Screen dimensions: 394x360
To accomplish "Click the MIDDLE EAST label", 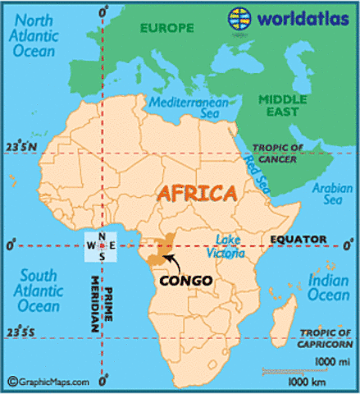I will click(x=281, y=105).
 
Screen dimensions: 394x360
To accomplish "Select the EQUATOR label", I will click(x=294, y=239).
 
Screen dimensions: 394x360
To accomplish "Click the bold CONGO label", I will click(x=185, y=280).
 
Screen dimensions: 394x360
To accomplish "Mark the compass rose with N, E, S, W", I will click(x=102, y=245).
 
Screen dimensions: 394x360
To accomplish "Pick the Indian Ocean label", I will click(x=327, y=288).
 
